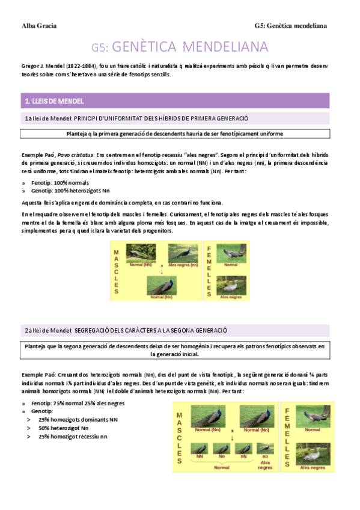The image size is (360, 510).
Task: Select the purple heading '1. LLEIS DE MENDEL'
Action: [53, 101]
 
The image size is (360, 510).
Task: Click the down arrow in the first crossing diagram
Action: [162, 271]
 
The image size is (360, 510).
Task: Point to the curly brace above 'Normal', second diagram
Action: [222, 461]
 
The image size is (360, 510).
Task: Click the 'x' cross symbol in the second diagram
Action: [233, 431]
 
